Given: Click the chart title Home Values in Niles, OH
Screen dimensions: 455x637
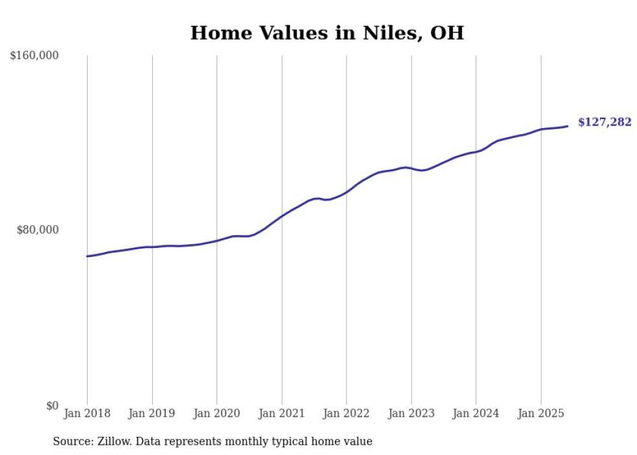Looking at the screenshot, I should pyautogui.click(x=327, y=33).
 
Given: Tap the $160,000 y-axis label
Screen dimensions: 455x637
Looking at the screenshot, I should pyautogui.click(x=34, y=56).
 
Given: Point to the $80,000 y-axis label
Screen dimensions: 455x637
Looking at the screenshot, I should pyautogui.click(x=37, y=230).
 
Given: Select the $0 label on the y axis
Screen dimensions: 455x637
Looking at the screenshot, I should pyautogui.click(x=52, y=406).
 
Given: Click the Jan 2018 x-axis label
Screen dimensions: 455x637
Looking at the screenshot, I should pyautogui.click(x=87, y=413).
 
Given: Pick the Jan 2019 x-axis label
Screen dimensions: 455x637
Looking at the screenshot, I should pyautogui.click(x=152, y=413).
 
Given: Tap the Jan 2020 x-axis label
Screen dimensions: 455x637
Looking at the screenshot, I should pyautogui.click(x=216, y=413).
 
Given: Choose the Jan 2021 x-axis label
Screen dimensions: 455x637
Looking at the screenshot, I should pyautogui.click(x=281, y=413).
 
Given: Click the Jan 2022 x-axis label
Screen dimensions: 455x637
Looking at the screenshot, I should pyautogui.click(x=346, y=413).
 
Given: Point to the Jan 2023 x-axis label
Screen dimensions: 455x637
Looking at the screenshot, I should pyautogui.click(x=411, y=413).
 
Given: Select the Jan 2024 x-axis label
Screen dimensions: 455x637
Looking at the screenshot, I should pyautogui.click(x=476, y=413).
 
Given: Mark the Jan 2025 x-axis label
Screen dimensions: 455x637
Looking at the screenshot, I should pyautogui.click(x=541, y=413).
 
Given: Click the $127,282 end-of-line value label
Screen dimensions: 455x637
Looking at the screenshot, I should pyautogui.click(x=604, y=122).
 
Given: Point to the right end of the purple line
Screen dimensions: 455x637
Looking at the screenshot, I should pyautogui.click(x=567, y=126).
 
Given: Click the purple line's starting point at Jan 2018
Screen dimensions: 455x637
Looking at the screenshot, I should pyautogui.click(x=87, y=256).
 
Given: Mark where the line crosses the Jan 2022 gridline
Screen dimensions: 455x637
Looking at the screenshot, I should pyautogui.click(x=346, y=192).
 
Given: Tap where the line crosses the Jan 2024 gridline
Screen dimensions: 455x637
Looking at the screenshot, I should pyautogui.click(x=476, y=152).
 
